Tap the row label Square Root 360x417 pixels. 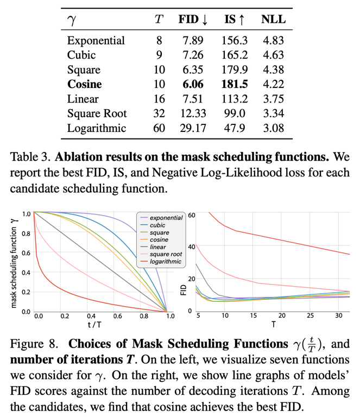(x=97, y=113)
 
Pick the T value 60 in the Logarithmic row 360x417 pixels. (x=159, y=128)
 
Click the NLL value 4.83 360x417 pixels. (x=273, y=41)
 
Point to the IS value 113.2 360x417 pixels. (x=234, y=99)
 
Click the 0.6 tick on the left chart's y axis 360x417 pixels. (x=25, y=252)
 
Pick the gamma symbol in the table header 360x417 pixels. (x=71, y=21)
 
